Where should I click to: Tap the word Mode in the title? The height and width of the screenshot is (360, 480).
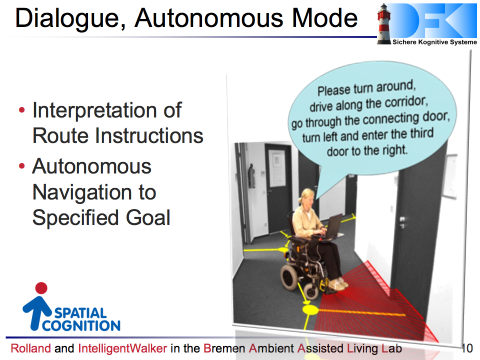pyautogui.click(x=324, y=18)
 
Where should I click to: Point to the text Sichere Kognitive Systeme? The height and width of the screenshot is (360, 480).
pyautogui.click(x=434, y=42)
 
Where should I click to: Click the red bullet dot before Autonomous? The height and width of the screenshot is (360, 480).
pyautogui.click(x=21, y=166)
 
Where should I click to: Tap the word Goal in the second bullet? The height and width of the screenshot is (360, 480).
pyautogui.click(x=147, y=217)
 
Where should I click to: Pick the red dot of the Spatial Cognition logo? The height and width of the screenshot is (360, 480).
pyautogui.click(x=41, y=288)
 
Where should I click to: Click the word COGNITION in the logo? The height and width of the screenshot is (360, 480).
pyautogui.click(x=81, y=325)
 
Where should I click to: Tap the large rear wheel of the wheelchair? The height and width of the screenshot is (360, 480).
pyautogui.click(x=289, y=276)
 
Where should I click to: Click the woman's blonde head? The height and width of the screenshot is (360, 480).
pyautogui.click(x=307, y=197)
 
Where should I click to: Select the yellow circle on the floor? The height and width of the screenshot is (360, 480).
pyautogui.click(x=310, y=309)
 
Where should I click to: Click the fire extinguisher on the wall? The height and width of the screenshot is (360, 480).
pyautogui.click(x=251, y=175)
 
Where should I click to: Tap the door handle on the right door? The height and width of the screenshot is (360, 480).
pyautogui.click(x=402, y=221)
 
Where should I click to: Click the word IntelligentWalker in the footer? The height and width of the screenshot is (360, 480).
pyautogui.click(x=123, y=348)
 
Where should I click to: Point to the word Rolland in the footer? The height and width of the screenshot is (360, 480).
pyautogui.click(x=30, y=348)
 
